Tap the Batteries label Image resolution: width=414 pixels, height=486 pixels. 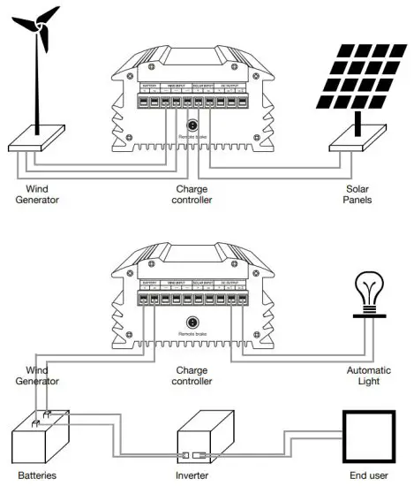37,476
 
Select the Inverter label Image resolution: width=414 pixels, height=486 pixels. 208,476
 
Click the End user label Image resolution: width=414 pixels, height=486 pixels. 371,476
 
